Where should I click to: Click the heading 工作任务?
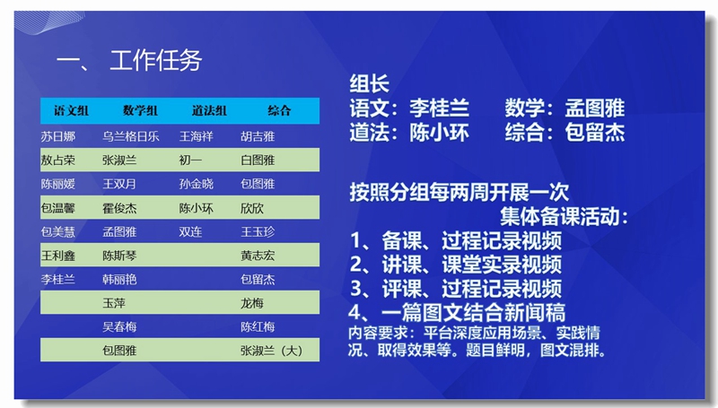click(x=155, y=61)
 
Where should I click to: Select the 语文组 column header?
click(x=71, y=111)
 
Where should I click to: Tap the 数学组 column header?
click(x=141, y=111)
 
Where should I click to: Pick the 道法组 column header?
click(x=209, y=111)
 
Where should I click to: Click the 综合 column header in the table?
click(x=279, y=111)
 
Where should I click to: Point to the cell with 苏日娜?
click(x=59, y=137)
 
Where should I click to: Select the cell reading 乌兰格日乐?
click(x=130, y=137)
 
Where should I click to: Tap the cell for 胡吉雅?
click(x=258, y=137)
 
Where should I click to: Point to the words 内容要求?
click(x=378, y=333)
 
